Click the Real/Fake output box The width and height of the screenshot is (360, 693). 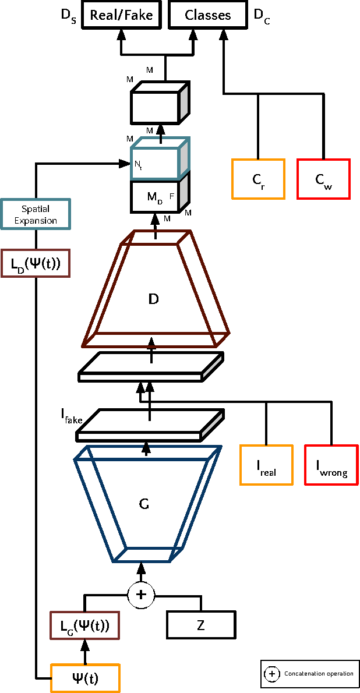click(x=121, y=15)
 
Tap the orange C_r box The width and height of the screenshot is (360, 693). click(x=258, y=179)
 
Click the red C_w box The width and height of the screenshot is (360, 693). click(x=324, y=179)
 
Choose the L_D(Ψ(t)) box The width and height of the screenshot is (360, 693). click(x=36, y=263)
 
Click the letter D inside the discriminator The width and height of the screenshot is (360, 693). click(x=154, y=299)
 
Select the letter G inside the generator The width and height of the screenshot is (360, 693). click(x=144, y=504)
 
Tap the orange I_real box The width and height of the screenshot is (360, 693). click(x=266, y=465)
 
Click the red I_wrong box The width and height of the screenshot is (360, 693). click(x=331, y=465)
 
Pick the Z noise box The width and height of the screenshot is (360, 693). click(x=202, y=625)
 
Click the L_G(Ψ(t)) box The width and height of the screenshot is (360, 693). click(x=84, y=626)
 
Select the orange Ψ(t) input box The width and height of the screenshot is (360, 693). click(x=85, y=678)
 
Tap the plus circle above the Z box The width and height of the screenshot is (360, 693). click(x=140, y=594)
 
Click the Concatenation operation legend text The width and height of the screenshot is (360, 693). click(x=319, y=674)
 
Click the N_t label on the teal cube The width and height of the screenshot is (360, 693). click(x=138, y=165)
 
